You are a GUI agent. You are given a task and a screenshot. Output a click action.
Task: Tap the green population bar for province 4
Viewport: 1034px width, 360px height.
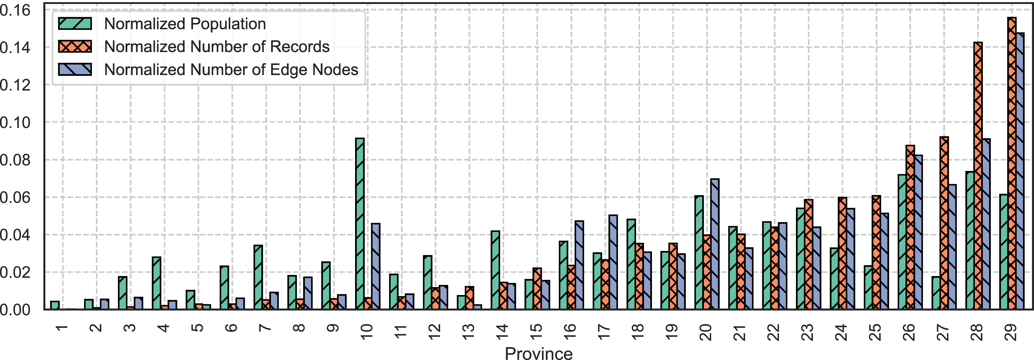[x=157, y=283]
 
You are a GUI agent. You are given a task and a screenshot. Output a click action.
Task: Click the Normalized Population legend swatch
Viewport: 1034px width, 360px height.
[x=75, y=24]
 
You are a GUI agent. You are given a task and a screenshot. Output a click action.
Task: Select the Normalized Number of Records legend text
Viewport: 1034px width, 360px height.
[x=217, y=47]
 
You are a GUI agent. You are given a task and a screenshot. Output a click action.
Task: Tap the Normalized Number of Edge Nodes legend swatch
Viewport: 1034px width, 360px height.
[x=75, y=70]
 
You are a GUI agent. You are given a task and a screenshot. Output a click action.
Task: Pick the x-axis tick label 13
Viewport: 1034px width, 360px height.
[x=468, y=332]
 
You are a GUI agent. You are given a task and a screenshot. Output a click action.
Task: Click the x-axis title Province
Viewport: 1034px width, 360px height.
[x=538, y=353]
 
